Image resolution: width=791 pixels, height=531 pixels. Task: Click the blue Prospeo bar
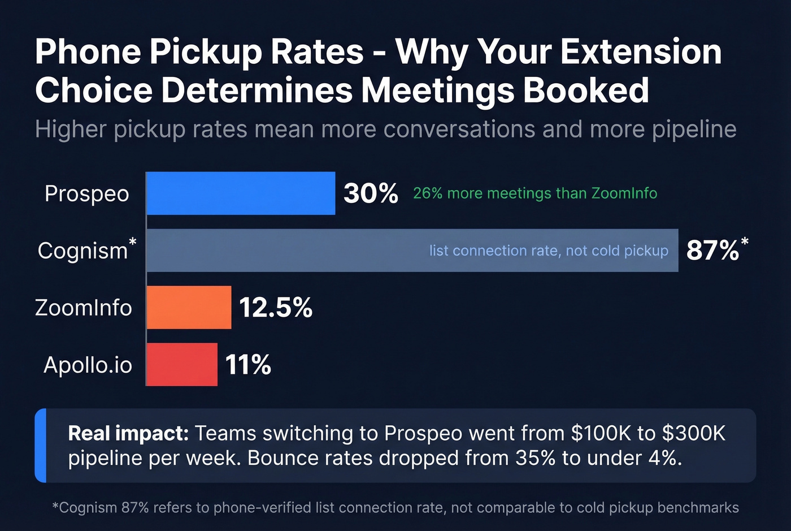pyautogui.click(x=241, y=193)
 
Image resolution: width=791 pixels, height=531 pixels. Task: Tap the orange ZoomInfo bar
pyautogui.click(x=189, y=308)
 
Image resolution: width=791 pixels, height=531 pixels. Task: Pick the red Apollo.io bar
pyautogui.click(x=182, y=365)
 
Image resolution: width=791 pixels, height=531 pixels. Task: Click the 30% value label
pyautogui.click(x=371, y=193)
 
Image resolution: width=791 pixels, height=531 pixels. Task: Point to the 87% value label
pyautogui.click(x=713, y=251)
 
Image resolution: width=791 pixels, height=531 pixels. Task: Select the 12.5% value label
pyautogui.click(x=276, y=308)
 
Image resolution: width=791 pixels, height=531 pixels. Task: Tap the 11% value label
pyautogui.click(x=248, y=365)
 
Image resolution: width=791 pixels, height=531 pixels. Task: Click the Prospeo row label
pyautogui.click(x=87, y=194)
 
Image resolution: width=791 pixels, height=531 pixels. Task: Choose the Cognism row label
pyautogui.click(x=84, y=251)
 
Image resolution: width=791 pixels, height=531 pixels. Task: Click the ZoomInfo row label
pyautogui.click(x=84, y=308)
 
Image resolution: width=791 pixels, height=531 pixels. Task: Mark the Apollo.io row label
pyautogui.click(x=88, y=365)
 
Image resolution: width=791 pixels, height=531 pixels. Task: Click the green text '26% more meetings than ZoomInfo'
pyautogui.click(x=534, y=193)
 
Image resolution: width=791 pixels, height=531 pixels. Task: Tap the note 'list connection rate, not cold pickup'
pyautogui.click(x=548, y=251)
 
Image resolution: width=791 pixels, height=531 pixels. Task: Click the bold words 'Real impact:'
pyautogui.click(x=128, y=433)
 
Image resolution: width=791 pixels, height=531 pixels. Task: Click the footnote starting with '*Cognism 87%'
pyautogui.click(x=395, y=508)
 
